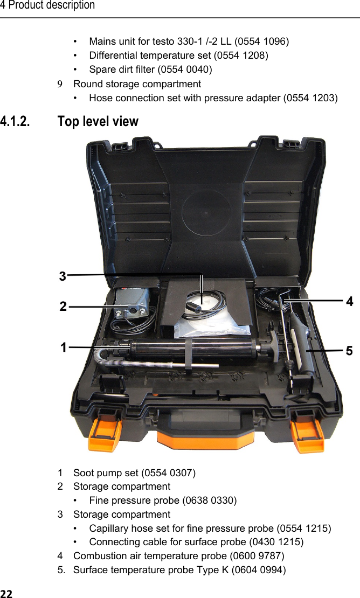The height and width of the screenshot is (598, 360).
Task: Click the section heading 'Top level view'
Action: (x=98, y=122)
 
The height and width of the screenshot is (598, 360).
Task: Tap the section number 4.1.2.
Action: (x=16, y=122)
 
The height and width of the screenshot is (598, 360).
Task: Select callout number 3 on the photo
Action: (x=63, y=276)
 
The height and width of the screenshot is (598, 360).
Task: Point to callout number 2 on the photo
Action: (x=63, y=307)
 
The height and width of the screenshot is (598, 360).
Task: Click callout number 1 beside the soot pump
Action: (x=64, y=347)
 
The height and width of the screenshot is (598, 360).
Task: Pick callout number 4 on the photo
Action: (x=350, y=302)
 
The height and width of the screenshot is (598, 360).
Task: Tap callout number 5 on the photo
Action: (x=349, y=351)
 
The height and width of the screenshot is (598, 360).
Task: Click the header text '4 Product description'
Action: (x=47, y=5)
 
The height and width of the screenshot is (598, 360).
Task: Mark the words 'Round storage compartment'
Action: (x=137, y=84)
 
